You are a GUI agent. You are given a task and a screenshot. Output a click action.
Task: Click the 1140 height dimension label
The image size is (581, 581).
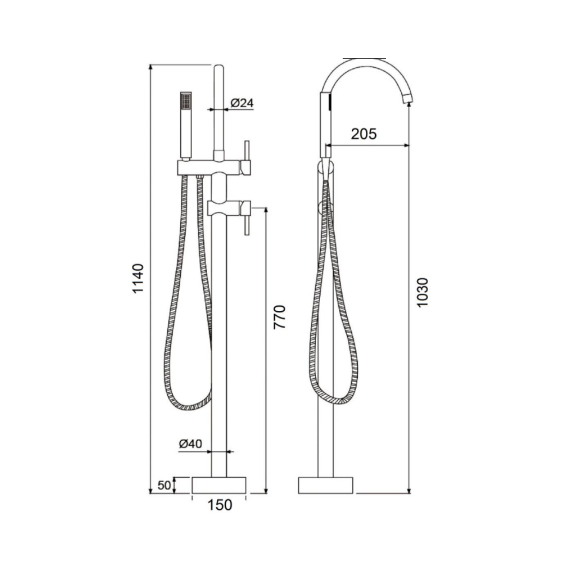point(138,278)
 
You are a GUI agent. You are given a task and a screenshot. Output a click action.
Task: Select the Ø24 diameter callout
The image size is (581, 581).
point(242,103)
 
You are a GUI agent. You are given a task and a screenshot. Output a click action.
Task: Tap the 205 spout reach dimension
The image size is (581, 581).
point(364,134)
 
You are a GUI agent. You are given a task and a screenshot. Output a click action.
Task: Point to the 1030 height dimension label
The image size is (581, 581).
point(422,292)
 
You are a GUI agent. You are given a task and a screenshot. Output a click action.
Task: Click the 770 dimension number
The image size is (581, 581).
point(279,317)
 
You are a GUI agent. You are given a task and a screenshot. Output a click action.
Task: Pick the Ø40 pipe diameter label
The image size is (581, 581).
point(190,443)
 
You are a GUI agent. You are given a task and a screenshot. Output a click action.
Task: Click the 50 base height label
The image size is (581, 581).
point(164,485)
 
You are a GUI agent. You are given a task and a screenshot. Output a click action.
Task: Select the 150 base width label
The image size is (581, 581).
point(219,505)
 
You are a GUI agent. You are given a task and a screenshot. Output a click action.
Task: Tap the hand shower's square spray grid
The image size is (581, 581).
point(186,101)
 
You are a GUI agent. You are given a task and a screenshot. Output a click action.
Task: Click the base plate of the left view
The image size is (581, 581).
point(219,485)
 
